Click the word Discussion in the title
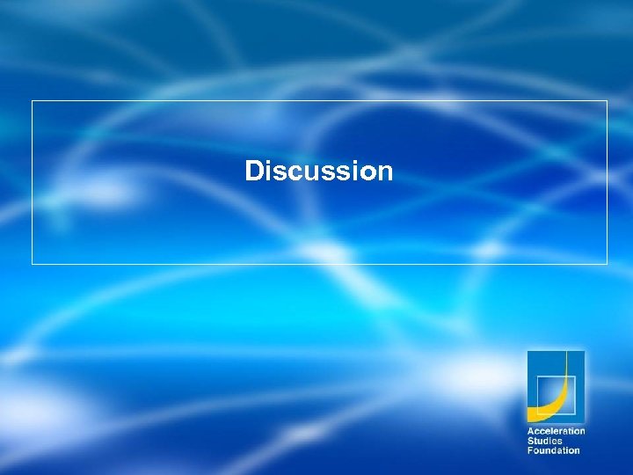318,171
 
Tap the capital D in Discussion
254,171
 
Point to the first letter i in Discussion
267,171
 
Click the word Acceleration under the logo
556,431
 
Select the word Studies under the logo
545,441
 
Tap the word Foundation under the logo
553,450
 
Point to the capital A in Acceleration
530,431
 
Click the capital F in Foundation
529,450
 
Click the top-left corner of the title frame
33,101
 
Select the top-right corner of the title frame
607,101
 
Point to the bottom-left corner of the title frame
33,263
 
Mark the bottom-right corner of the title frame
607,263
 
